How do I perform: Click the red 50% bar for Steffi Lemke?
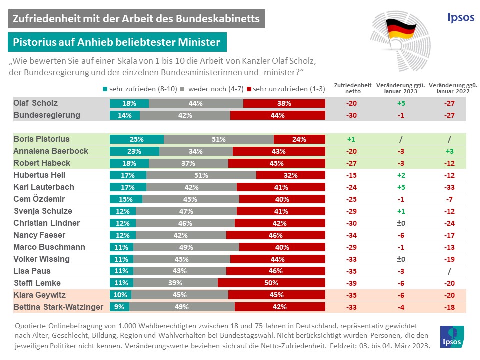click(271, 283)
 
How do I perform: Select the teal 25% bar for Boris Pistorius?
click(136, 139)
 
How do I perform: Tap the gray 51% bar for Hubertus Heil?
click(201, 175)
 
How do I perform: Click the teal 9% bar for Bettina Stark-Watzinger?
click(119, 307)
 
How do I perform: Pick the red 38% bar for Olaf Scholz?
click(284, 103)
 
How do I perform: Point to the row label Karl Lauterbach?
click(44, 187)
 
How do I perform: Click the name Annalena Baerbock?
click(51, 151)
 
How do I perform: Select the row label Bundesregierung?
click(47, 115)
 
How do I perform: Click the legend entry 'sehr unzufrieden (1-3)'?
click(286, 89)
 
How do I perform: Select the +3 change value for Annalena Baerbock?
click(449, 151)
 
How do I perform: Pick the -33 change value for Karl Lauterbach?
click(449, 187)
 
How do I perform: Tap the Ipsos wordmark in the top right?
click(460, 17)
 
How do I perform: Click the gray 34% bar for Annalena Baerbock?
click(196, 151)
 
